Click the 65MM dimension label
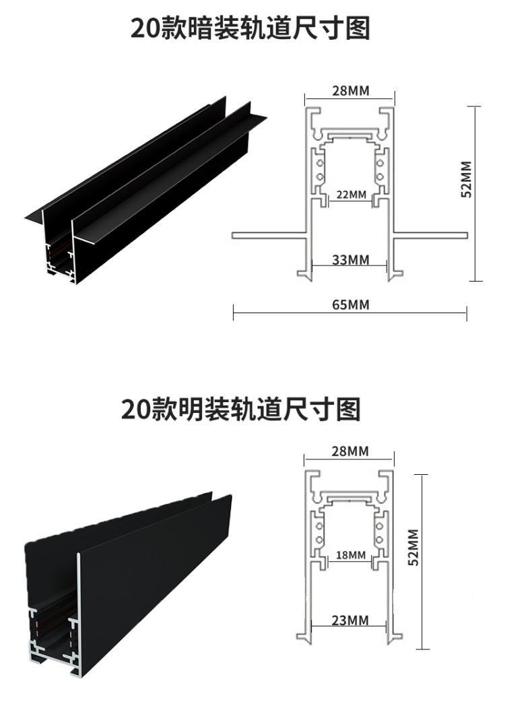(350, 304)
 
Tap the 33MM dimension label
(350, 259)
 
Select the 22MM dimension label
(350, 195)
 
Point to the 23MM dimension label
(349, 620)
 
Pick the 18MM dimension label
(350, 556)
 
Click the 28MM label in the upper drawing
(350, 91)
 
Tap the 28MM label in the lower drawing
(349, 451)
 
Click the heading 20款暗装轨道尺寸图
(250, 29)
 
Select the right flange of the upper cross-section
(431, 235)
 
